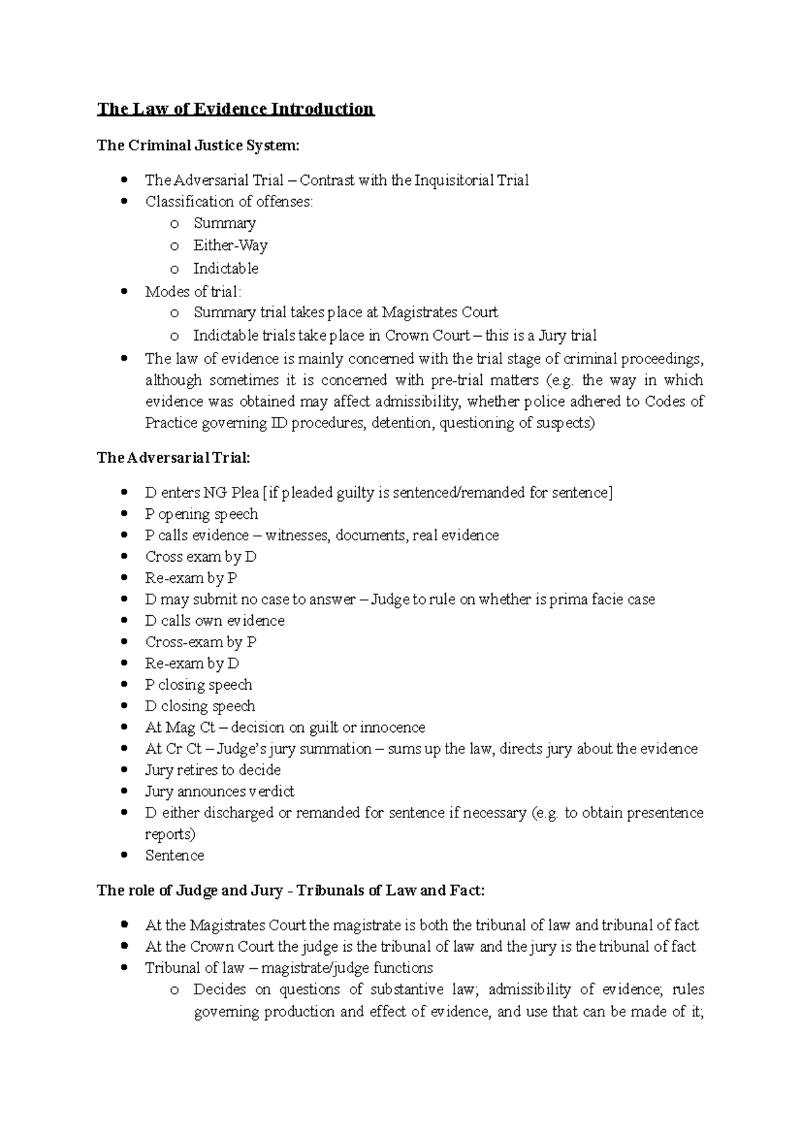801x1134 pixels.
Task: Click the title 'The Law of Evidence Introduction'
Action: tap(235, 109)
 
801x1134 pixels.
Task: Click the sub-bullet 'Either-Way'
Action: tap(230, 246)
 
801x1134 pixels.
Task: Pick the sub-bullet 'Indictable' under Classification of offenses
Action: tap(226, 268)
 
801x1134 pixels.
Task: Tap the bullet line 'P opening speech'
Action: tap(201, 514)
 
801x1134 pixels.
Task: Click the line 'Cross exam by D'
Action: tap(201, 557)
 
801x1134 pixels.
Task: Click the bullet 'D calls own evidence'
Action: tap(214, 621)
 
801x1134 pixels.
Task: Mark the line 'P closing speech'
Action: tap(198, 685)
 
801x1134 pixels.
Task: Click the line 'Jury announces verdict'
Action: tap(219, 792)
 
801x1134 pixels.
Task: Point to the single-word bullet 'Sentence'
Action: tap(174, 856)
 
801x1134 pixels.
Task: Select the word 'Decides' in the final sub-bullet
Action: tap(220, 990)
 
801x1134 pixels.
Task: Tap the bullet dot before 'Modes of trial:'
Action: tap(125, 292)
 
